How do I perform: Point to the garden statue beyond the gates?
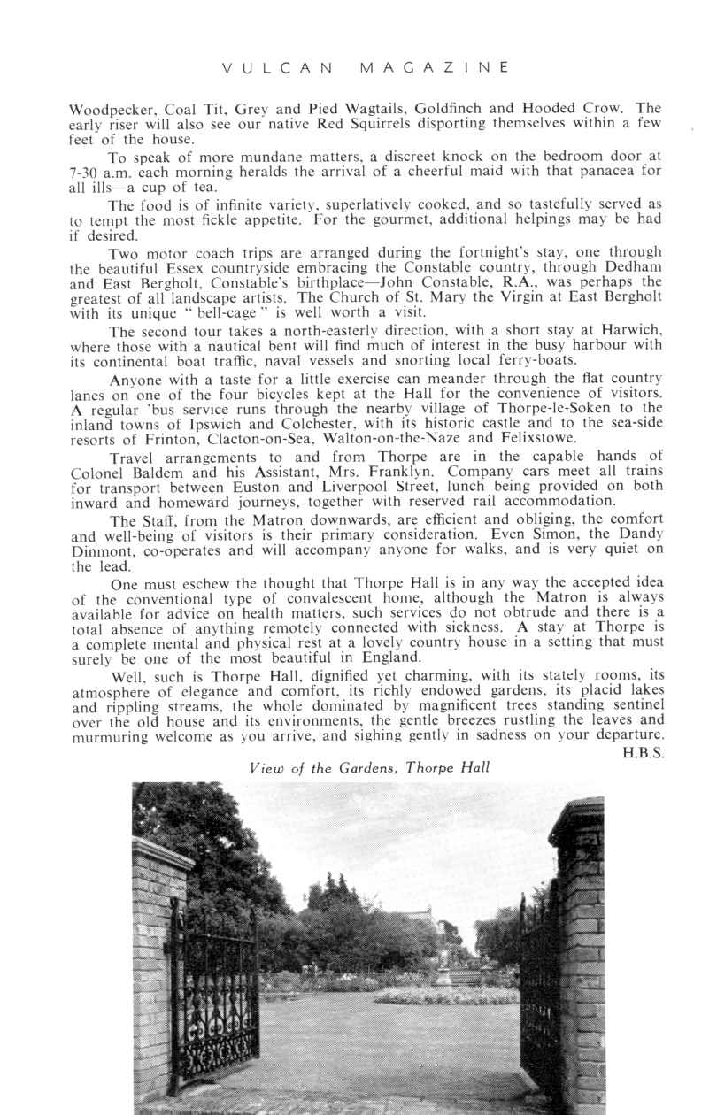[443, 965]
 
